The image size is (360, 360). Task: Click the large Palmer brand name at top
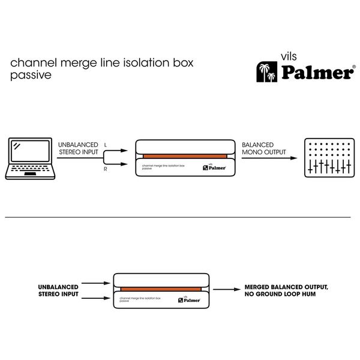pos(315,73)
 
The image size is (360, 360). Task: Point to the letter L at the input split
pos(106,145)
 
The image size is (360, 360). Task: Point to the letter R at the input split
pos(106,170)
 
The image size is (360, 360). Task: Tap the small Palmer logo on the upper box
pos(214,169)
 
